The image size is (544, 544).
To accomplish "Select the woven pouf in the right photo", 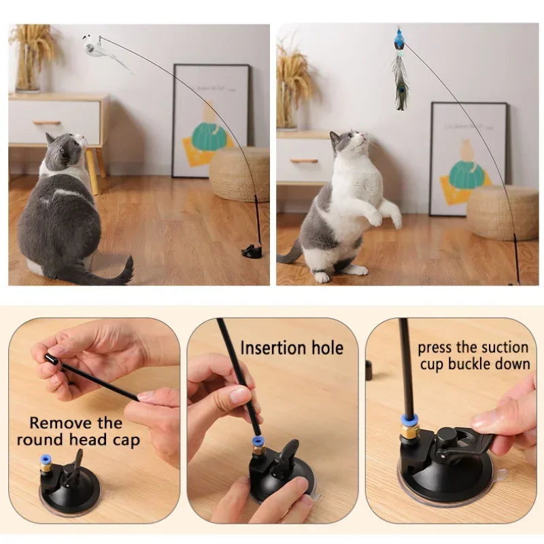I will (503, 212).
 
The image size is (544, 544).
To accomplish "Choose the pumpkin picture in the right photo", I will (466, 174).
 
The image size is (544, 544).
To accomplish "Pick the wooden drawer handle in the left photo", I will (47, 123).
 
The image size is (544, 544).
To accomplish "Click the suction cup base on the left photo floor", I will (252, 252).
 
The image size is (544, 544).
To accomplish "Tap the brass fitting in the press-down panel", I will (409, 430).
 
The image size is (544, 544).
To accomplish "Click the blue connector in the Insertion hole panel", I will (258, 441).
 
